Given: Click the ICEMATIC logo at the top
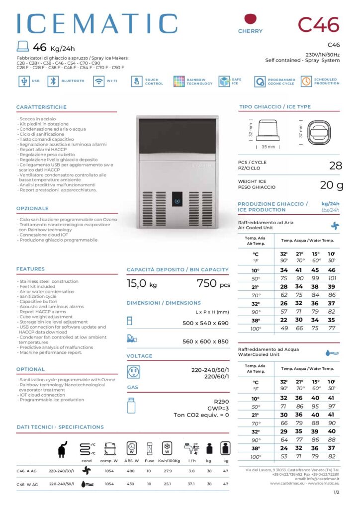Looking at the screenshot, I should pos(97,24).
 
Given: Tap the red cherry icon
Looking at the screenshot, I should pos(250,20).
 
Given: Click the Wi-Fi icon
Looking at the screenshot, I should pos(98,81).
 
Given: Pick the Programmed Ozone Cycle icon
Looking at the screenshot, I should pos(260,81).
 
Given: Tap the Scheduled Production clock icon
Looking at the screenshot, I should pos(306,81).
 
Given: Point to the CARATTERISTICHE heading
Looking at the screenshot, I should pos(41,107).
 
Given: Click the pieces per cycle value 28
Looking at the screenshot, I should pos(336,166).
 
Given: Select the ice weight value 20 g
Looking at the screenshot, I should pos(331,185).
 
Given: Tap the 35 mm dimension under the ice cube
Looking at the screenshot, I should pos(269,147).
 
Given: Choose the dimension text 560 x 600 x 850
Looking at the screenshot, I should pos(205,341).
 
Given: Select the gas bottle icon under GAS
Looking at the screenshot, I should pos(132,405).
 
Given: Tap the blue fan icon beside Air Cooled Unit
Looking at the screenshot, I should pos(335,225).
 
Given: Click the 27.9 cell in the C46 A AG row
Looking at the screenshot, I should pos(168,470).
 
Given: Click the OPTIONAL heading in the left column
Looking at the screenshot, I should pos(30,369).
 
